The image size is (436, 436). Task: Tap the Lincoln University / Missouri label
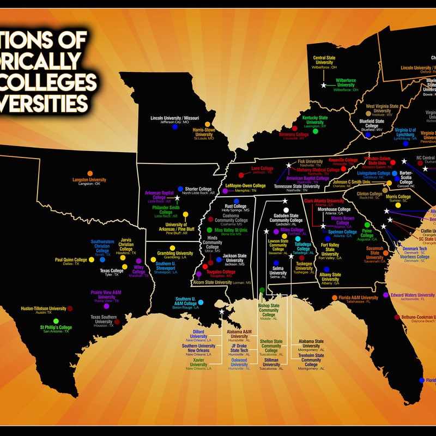[x=174, y=119]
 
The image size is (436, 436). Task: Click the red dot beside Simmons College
[x=295, y=129]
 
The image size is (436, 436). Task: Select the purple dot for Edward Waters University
[x=386, y=295]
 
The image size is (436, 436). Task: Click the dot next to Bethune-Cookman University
[x=396, y=317]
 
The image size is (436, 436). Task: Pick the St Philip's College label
[x=56, y=329]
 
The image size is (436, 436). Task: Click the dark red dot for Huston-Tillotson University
[x=70, y=308]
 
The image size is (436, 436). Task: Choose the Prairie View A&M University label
[x=106, y=294]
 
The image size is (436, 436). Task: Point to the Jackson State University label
[x=234, y=259]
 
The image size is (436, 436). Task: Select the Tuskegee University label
[x=304, y=266]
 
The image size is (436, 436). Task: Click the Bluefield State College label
[x=372, y=125]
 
